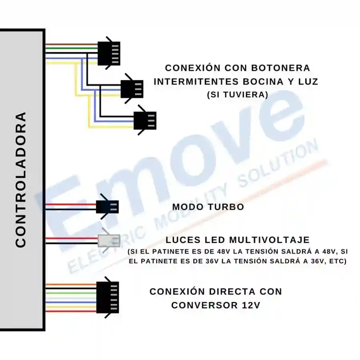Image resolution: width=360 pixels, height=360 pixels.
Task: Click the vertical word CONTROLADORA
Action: tap(21, 180)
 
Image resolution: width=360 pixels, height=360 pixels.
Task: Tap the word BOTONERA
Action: tap(280, 68)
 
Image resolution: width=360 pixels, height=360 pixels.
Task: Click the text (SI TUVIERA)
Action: tap(238, 95)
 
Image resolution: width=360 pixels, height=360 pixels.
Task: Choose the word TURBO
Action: tap(226, 207)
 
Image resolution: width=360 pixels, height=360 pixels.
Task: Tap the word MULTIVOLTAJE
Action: tap(270, 240)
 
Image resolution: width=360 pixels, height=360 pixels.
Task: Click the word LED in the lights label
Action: tap(215, 240)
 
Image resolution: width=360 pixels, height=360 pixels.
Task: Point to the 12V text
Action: tap(251, 305)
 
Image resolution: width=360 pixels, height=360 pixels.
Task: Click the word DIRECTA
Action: tap(233, 292)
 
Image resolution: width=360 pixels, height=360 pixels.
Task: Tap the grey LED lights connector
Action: tap(109, 241)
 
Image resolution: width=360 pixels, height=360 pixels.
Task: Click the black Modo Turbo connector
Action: tap(107, 207)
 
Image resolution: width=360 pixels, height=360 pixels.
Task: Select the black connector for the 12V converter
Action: tap(107, 297)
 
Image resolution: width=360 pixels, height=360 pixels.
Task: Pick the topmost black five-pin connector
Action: tap(109, 53)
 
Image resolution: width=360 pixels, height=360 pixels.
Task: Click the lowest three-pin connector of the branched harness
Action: tap(145, 120)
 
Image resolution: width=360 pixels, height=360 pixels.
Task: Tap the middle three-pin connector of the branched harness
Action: tap(132, 89)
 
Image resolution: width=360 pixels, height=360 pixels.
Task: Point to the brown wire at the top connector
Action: tap(72, 44)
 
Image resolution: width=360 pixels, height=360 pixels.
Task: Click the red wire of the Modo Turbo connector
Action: tap(71, 204)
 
